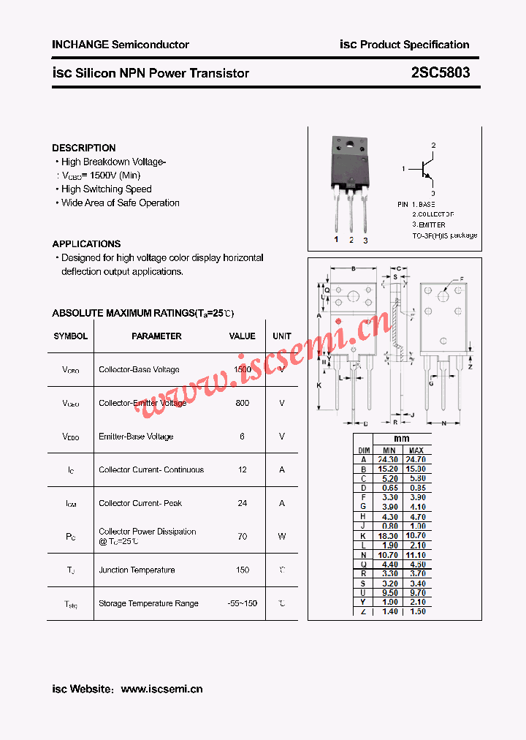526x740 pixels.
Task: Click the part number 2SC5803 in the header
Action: (441, 73)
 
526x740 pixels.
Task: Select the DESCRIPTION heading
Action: (84, 148)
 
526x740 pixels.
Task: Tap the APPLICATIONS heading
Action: (86, 243)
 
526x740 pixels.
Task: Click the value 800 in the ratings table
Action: (243, 403)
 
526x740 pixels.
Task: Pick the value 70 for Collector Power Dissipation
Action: (243, 536)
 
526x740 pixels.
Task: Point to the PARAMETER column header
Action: (156, 336)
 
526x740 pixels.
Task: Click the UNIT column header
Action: (282, 336)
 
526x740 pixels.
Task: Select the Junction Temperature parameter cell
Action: (137, 570)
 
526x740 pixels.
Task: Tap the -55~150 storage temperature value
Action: (243, 603)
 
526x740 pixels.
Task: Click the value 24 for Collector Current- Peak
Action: (243, 503)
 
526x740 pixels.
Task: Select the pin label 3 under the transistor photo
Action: (365, 240)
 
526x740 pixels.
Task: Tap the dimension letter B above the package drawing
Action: (354, 269)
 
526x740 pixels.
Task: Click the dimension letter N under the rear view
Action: (444, 423)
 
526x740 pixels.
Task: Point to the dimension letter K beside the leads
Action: (319, 385)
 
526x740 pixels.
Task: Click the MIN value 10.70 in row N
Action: (389, 555)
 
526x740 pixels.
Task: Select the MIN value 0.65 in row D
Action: (389, 488)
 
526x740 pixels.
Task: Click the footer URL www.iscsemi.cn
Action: (161, 689)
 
